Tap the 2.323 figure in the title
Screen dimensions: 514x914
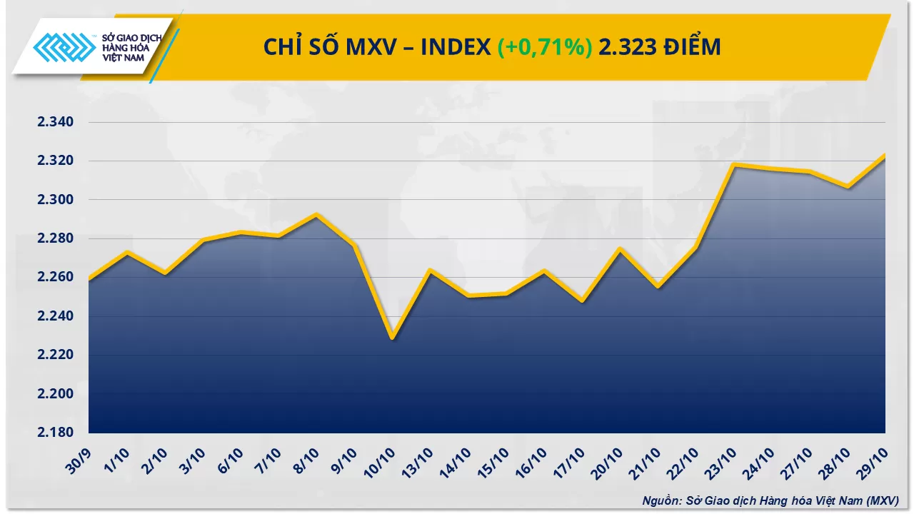(x=628, y=47)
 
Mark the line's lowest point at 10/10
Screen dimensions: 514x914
(x=392, y=338)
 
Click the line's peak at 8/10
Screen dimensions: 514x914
(x=316, y=214)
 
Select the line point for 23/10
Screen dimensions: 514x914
(x=734, y=165)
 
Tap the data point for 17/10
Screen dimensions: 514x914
(x=582, y=301)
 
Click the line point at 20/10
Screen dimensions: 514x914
(x=620, y=248)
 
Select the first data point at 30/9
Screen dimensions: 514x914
(x=89, y=279)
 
